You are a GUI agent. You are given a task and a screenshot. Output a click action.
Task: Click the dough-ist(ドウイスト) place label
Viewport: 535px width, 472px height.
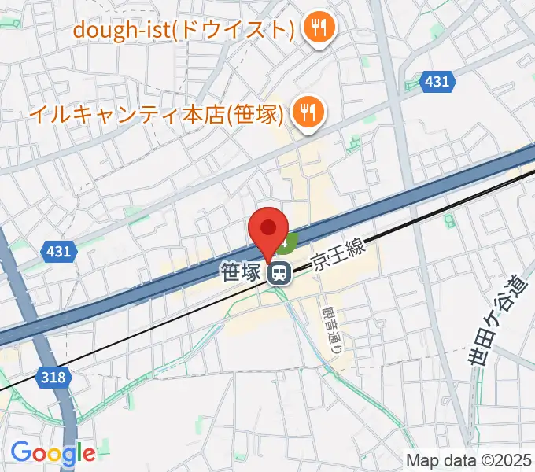click(183, 30)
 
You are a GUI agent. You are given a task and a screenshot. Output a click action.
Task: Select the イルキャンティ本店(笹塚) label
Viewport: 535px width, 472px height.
click(155, 114)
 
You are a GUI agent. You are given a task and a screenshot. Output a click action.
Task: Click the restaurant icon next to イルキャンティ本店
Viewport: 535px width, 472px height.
click(308, 114)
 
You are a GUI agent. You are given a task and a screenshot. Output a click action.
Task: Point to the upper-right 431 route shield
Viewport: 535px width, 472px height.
click(436, 82)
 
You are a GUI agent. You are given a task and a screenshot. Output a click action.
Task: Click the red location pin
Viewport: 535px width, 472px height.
click(268, 230)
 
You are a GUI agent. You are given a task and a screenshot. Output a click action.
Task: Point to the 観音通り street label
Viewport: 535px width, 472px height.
click(330, 329)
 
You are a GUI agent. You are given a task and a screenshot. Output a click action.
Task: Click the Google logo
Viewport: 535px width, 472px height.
click(52, 453)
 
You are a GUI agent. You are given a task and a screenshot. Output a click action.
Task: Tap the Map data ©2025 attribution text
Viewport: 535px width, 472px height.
click(468, 459)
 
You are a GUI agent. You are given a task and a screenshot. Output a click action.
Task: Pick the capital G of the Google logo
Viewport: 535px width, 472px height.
click(20, 452)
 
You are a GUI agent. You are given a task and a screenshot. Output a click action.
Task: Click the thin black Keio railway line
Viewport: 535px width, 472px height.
click(157, 330)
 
